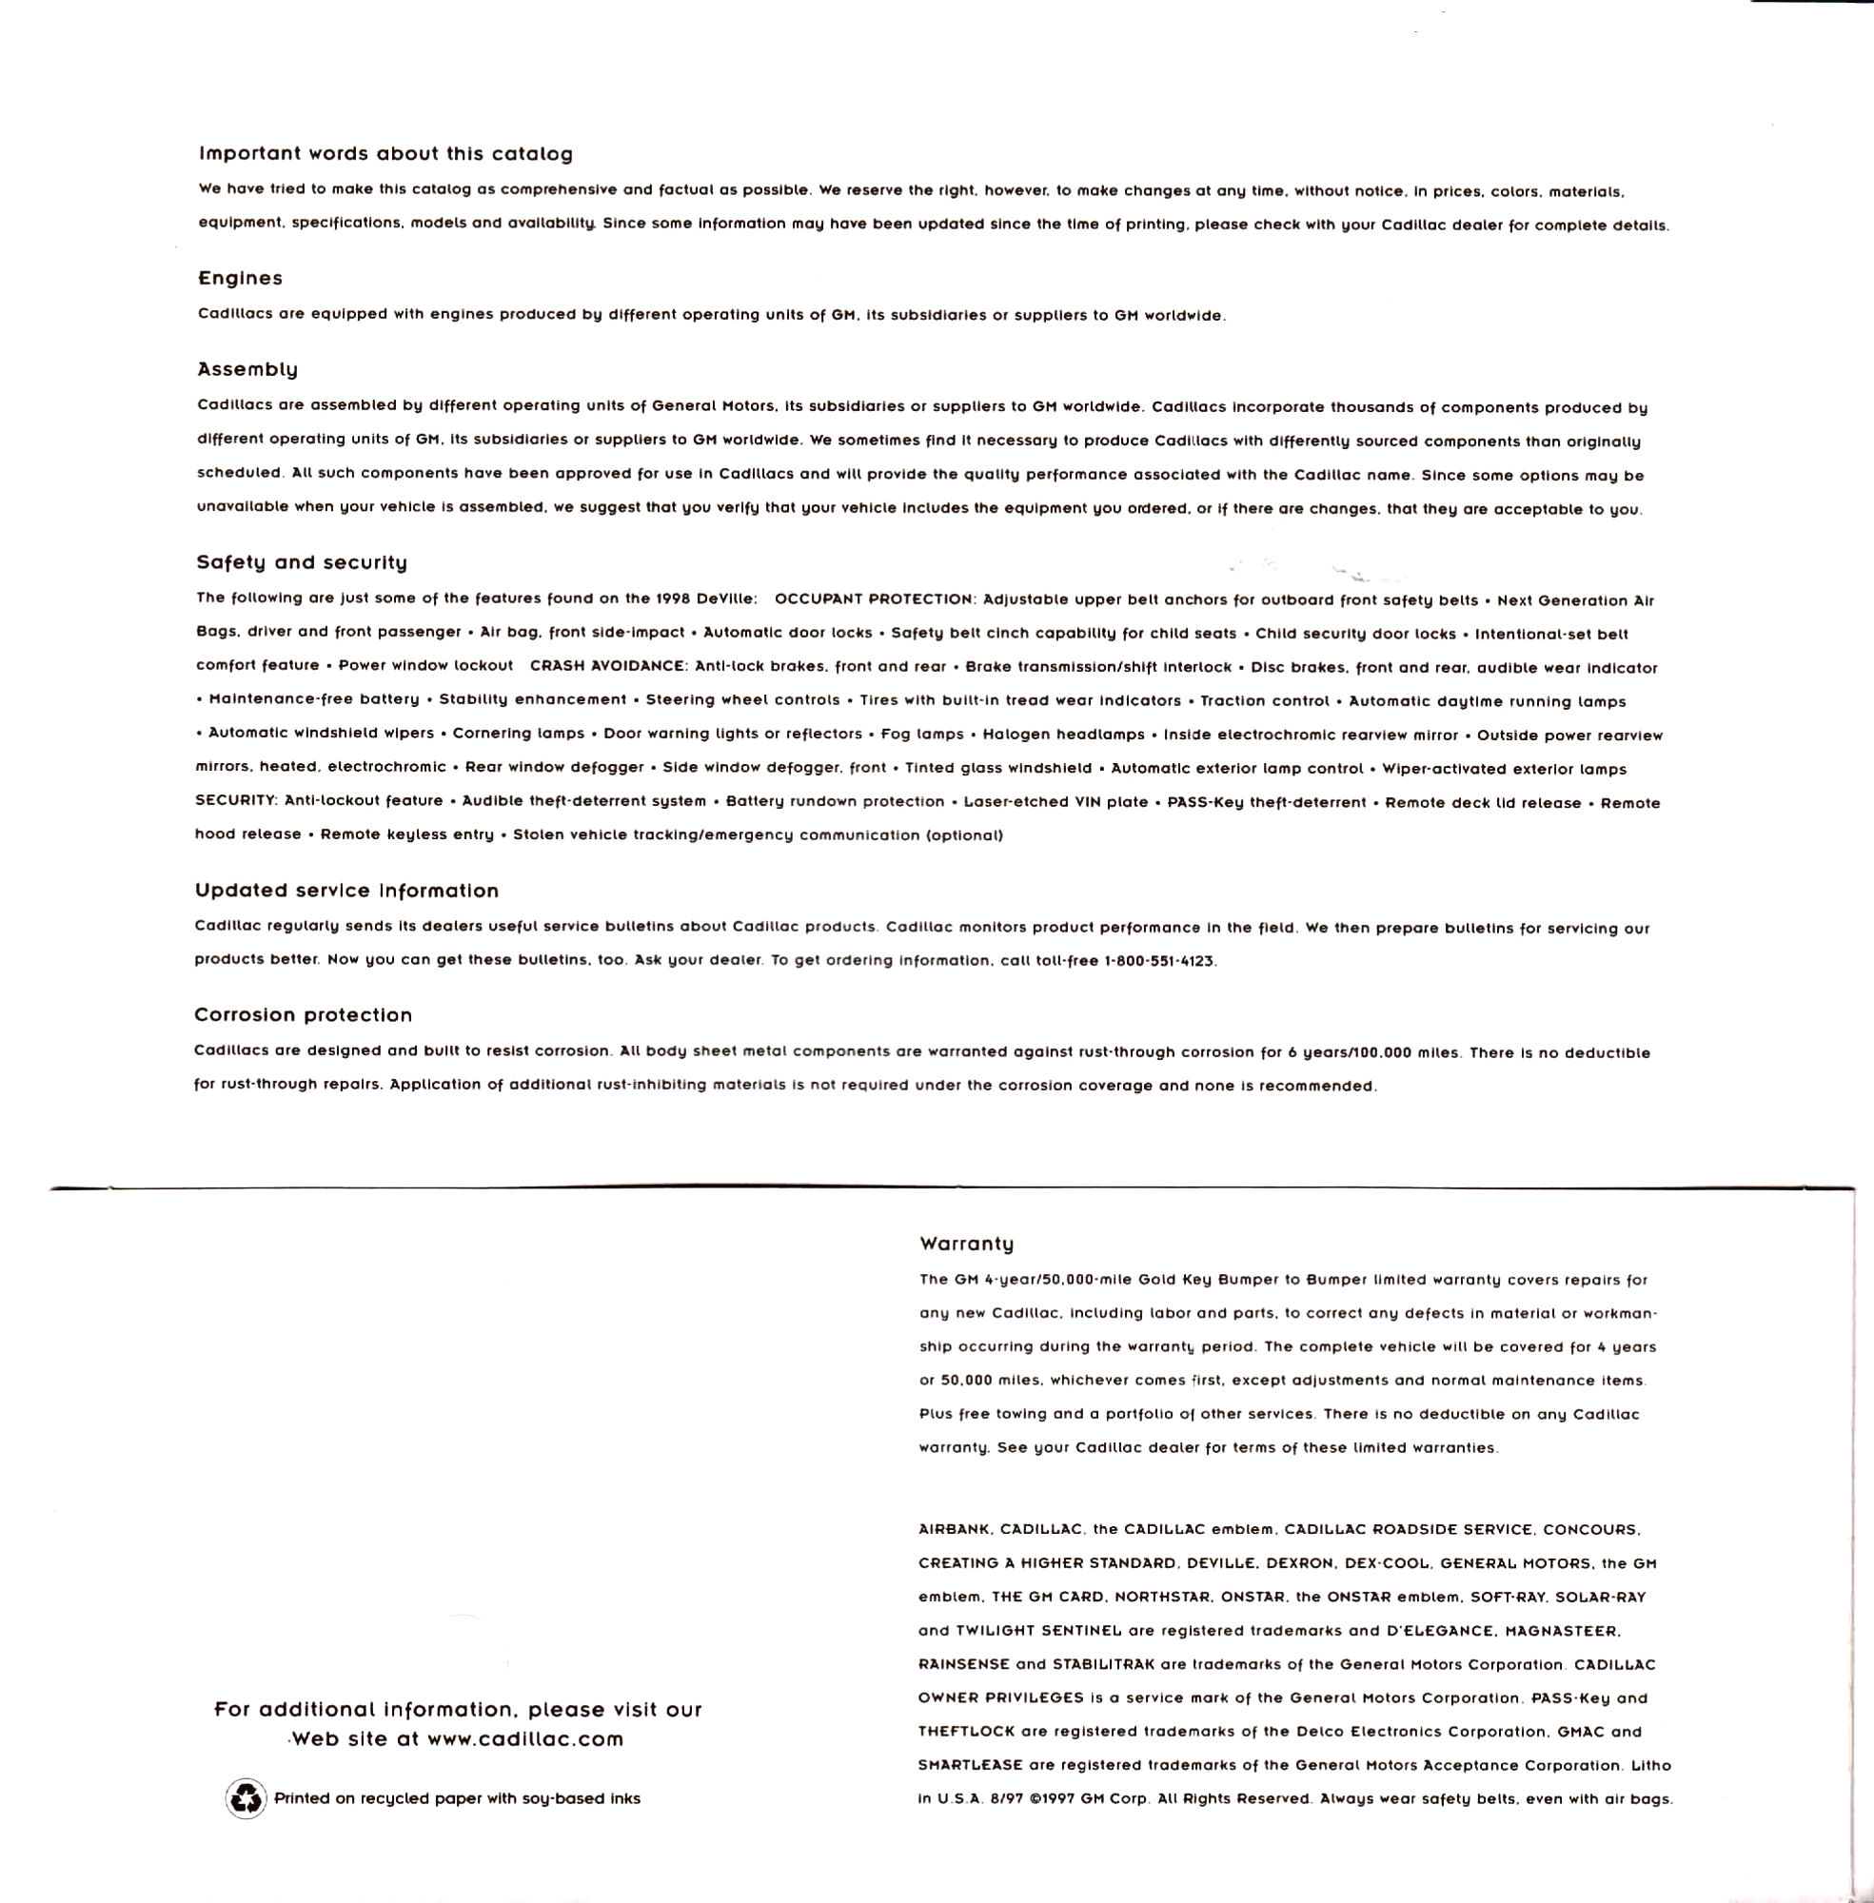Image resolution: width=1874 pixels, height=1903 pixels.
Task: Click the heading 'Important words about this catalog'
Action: pos(385,153)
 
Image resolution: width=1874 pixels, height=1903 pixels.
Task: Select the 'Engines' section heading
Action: pos(240,279)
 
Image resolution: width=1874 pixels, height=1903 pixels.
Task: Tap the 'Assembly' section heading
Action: pos(247,370)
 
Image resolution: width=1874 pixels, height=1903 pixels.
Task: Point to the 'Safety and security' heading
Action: pos(301,563)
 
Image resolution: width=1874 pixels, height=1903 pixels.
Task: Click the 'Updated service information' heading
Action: pos(346,891)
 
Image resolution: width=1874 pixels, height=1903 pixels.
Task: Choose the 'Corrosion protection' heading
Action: pos(304,1014)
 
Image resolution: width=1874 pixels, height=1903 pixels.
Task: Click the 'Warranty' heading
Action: pos(967,1244)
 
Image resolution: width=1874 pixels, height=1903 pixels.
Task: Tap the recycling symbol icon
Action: pos(246,1798)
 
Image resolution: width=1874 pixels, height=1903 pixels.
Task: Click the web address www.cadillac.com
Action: pos(525,1738)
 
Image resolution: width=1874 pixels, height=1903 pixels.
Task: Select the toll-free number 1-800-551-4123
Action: pos(1161,961)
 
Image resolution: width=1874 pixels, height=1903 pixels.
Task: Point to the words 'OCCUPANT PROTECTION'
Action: pos(874,600)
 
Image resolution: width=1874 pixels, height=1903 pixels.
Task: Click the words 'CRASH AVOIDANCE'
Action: pos(607,666)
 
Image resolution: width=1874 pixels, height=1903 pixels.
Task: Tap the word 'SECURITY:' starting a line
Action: pos(234,801)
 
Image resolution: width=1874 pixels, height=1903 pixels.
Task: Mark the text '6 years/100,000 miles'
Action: pos(1375,1053)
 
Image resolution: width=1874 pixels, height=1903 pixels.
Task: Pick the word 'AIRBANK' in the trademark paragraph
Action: pos(955,1530)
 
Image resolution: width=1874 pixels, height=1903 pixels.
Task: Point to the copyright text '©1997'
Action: pos(1048,1798)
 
